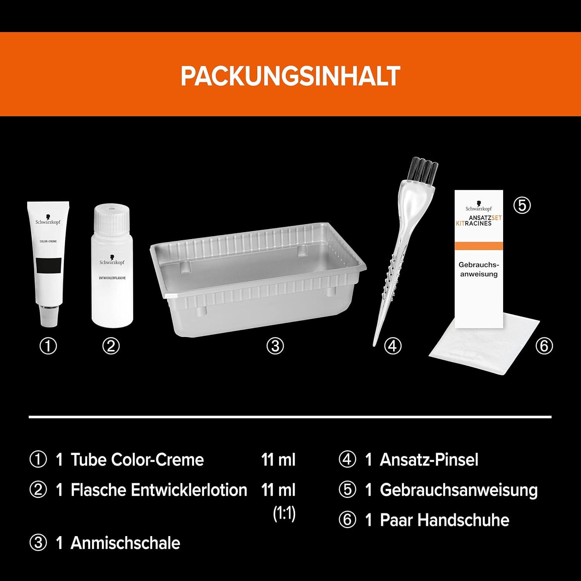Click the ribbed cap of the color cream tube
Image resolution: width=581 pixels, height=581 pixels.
[x=49, y=315]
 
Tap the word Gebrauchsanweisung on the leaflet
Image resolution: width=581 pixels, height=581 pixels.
[x=479, y=270]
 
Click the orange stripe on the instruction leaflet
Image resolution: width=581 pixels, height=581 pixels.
[x=479, y=246]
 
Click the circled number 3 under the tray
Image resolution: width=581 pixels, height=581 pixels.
[x=275, y=346]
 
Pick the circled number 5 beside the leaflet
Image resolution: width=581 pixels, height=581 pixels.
[x=522, y=205]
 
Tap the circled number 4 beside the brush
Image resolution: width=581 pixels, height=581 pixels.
[x=393, y=346]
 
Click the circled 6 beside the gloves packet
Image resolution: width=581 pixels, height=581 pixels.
[x=544, y=346]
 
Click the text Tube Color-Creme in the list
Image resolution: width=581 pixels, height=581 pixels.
[x=137, y=460]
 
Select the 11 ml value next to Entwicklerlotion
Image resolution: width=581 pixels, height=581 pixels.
[x=278, y=490]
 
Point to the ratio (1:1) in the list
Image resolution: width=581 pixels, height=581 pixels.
[x=284, y=514]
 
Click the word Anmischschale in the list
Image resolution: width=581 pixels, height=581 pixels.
[x=125, y=543]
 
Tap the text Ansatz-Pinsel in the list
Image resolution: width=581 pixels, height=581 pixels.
[x=429, y=460]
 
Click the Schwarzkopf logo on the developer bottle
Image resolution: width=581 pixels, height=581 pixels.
[x=112, y=260]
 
